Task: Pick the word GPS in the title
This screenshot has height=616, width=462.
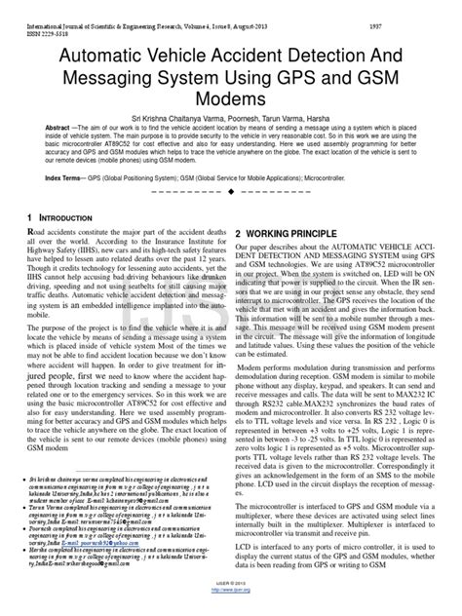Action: (310, 80)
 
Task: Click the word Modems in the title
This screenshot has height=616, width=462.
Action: (231, 101)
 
